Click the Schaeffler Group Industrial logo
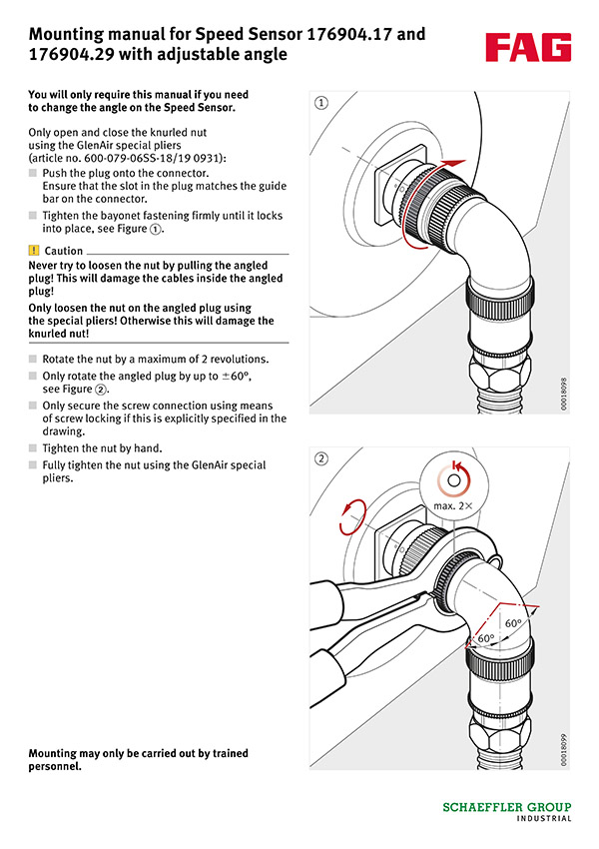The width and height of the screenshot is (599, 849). [x=507, y=810]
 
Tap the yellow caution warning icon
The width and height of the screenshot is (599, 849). [x=34, y=251]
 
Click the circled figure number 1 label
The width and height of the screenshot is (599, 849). [x=321, y=102]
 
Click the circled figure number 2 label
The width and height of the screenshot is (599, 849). [x=321, y=459]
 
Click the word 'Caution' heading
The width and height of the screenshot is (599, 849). [x=64, y=251]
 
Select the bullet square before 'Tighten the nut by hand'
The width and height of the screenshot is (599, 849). [x=33, y=448]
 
